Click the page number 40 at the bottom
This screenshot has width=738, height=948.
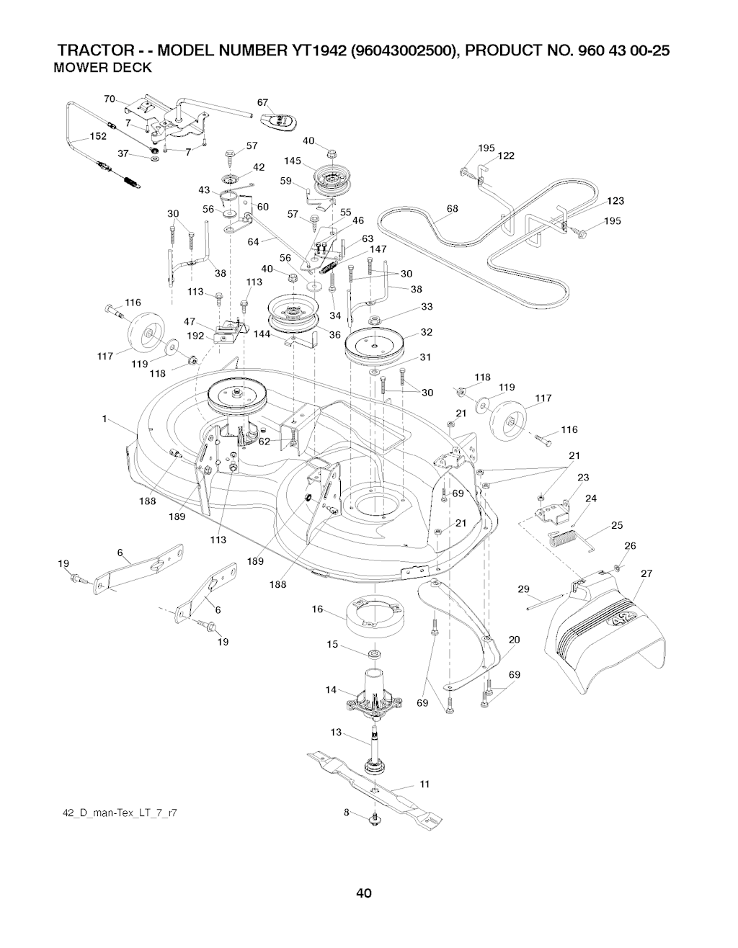coord(363,894)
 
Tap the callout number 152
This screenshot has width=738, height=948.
coord(98,136)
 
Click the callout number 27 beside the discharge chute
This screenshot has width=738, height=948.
coord(646,573)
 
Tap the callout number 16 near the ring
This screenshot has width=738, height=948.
coord(317,609)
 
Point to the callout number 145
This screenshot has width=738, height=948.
coord(293,161)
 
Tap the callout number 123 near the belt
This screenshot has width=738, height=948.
coord(615,201)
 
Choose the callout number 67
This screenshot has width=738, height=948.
coord(263,102)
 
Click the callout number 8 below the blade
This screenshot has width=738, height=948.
coord(346,812)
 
